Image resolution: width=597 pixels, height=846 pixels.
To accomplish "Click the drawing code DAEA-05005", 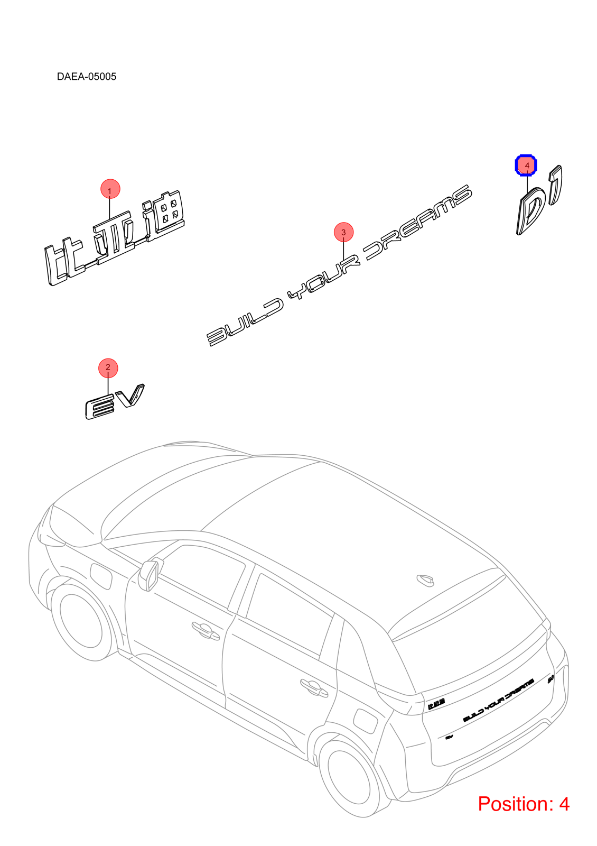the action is pyautogui.click(x=87, y=77).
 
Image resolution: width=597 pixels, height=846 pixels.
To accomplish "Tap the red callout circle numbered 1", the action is pyautogui.click(x=110, y=189).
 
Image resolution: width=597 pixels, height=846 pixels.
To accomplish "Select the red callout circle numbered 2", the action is pyautogui.click(x=108, y=368).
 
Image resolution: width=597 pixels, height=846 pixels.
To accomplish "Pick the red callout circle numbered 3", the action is pyautogui.click(x=343, y=232).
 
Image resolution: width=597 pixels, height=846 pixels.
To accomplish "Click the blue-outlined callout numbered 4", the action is pyautogui.click(x=526, y=165).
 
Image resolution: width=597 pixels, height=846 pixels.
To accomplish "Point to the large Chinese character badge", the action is pyautogui.click(x=115, y=238).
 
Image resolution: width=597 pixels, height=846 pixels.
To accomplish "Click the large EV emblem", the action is pyautogui.click(x=114, y=402).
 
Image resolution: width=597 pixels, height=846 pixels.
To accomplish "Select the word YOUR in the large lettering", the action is pyautogui.click(x=323, y=278).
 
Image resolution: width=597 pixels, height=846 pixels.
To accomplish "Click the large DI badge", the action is pyautogui.click(x=539, y=200).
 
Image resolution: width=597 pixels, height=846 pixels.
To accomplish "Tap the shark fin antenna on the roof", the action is pyautogui.click(x=425, y=580).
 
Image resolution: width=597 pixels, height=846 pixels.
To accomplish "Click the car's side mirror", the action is pyautogui.click(x=150, y=575).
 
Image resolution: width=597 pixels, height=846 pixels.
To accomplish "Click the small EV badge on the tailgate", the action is pyautogui.click(x=449, y=737).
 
